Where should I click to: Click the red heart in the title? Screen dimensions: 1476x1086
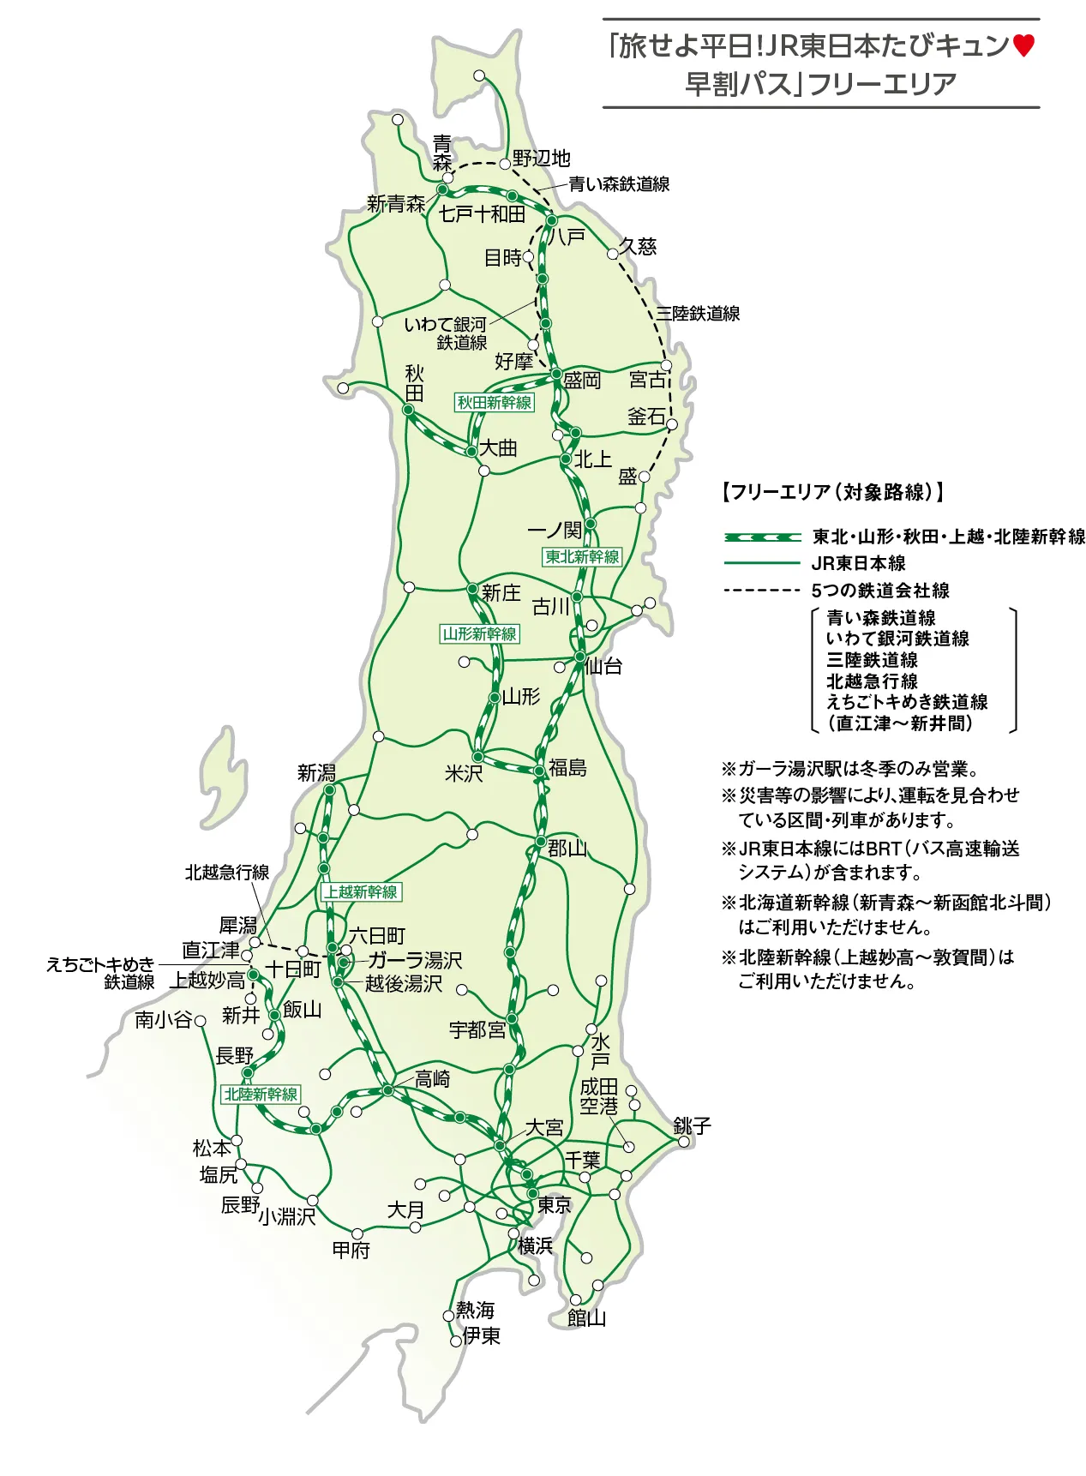[1023, 45]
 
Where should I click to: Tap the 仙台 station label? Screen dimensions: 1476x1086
[604, 666]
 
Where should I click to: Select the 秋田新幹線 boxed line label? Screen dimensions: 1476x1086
[495, 402]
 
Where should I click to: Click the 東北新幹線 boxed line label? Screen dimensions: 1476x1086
[582, 556]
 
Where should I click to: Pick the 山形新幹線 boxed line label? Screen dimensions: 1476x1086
[480, 633]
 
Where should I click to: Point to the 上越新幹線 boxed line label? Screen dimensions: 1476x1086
[361, 891]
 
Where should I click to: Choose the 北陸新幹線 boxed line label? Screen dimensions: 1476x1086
[261, 1094]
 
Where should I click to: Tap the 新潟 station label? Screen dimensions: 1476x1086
[316, 773]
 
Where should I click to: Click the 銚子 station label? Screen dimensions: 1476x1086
[692, 1125]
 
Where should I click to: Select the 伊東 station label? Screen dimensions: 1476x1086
[481, 1335]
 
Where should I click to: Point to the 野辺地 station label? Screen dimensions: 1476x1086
[542, 159]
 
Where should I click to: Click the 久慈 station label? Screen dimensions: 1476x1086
[639, 246]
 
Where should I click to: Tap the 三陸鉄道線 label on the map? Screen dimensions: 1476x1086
[699, 314]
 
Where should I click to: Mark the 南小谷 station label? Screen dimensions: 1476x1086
[163, 1020]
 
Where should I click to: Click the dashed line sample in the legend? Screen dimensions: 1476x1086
[761, 591]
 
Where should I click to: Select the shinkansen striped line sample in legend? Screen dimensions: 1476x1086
[762, 537]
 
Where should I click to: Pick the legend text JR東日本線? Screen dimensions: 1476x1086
[858, 563]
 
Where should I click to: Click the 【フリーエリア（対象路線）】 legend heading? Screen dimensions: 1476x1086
[832, 492]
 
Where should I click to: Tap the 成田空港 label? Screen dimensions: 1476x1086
[599, 1096]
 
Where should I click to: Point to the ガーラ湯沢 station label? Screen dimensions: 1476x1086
[415, 960]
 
